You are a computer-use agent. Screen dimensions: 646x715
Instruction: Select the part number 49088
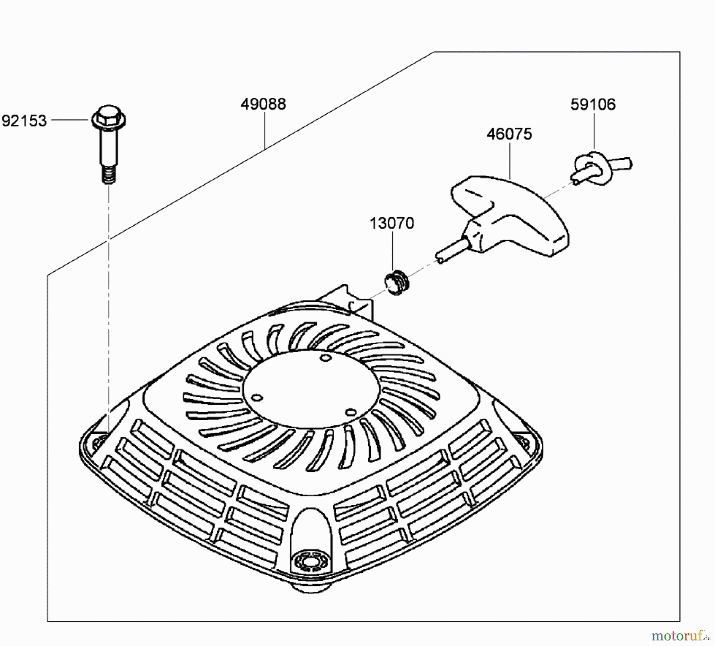point(263,104)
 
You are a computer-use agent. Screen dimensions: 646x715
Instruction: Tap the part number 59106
point(593,104)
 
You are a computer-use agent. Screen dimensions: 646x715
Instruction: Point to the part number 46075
point(509,134)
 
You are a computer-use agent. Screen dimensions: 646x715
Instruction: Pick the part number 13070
point(392,223)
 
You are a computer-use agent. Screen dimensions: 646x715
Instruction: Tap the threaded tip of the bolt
point(108,175)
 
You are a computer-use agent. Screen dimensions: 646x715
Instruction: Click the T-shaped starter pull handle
point(512,215)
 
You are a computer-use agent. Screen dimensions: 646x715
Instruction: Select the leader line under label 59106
point(594,131)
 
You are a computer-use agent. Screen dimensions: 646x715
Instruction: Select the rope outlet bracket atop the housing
point(350,302)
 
